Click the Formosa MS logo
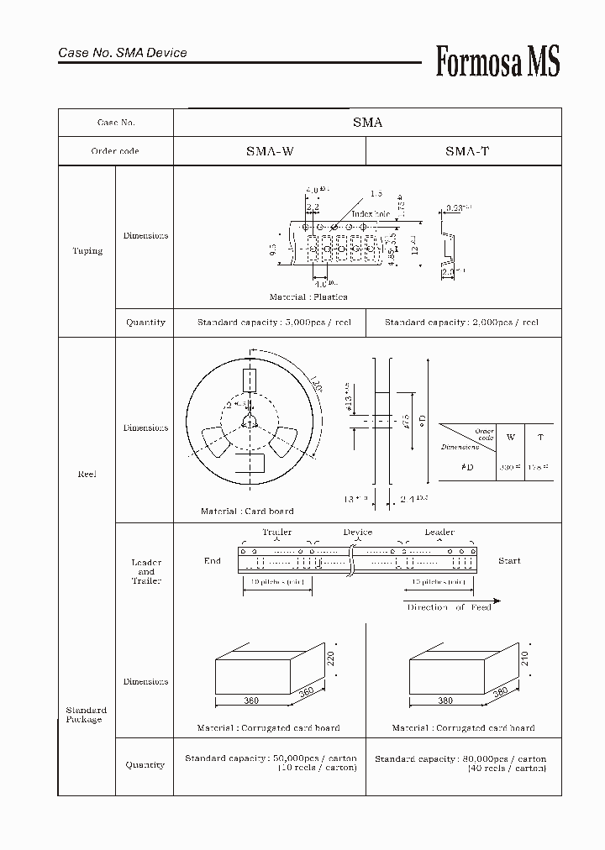pos(497,62)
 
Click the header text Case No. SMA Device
pos(123,53)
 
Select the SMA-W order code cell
pos(270,151)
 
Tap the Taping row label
pos(87,251)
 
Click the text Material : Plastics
pos(308,297)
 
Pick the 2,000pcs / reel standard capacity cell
pos(461,323)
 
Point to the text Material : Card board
pos(247,511)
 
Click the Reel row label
pos(87,475)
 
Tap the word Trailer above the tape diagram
pos(277,533)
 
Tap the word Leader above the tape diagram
pos(439,533)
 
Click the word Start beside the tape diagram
pos(509,561)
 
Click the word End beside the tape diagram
pos(213,561)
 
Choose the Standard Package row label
pos(86,715)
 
